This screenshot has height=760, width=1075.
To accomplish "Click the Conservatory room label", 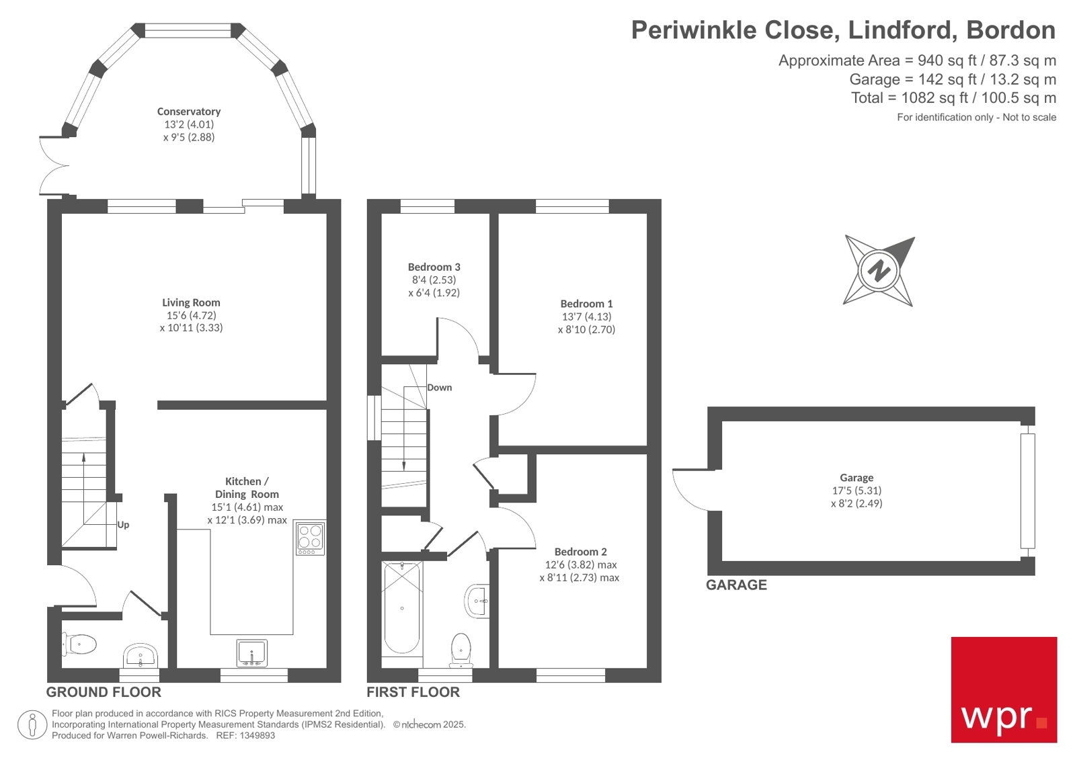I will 188,112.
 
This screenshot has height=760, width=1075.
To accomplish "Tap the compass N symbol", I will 879,271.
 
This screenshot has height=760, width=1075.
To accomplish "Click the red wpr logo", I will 1003,689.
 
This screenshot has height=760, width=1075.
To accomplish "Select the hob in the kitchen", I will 310,538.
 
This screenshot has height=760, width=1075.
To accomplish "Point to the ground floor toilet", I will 80,644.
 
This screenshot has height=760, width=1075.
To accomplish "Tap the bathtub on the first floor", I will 401,608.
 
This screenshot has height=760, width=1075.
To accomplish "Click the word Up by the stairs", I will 123,525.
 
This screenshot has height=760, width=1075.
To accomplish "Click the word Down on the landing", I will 439,388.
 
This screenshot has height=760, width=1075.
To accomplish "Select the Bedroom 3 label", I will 434,267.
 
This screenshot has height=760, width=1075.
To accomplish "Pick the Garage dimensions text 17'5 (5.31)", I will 856,491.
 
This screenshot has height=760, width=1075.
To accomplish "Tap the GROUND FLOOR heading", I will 104,692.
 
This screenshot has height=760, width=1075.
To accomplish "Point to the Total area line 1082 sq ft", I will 953,98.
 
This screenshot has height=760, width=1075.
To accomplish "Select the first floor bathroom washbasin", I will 477,600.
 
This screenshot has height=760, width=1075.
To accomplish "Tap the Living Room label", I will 191,302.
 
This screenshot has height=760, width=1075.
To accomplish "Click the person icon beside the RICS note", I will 32,725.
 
